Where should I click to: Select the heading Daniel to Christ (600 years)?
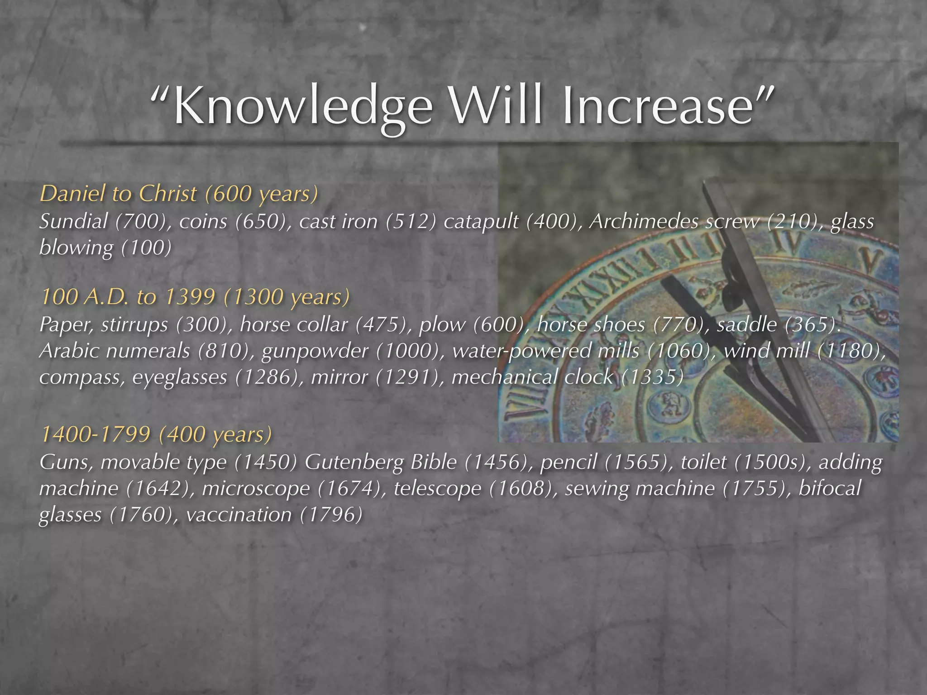click(179, 194)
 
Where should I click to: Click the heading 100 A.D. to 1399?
click(195, 297)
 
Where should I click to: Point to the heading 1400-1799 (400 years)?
click(156, 434)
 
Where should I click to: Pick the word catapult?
click(482, 222)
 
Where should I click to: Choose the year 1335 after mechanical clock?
click(652, 377)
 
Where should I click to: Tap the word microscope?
click(256, 489)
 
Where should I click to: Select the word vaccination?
click(239, 515)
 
